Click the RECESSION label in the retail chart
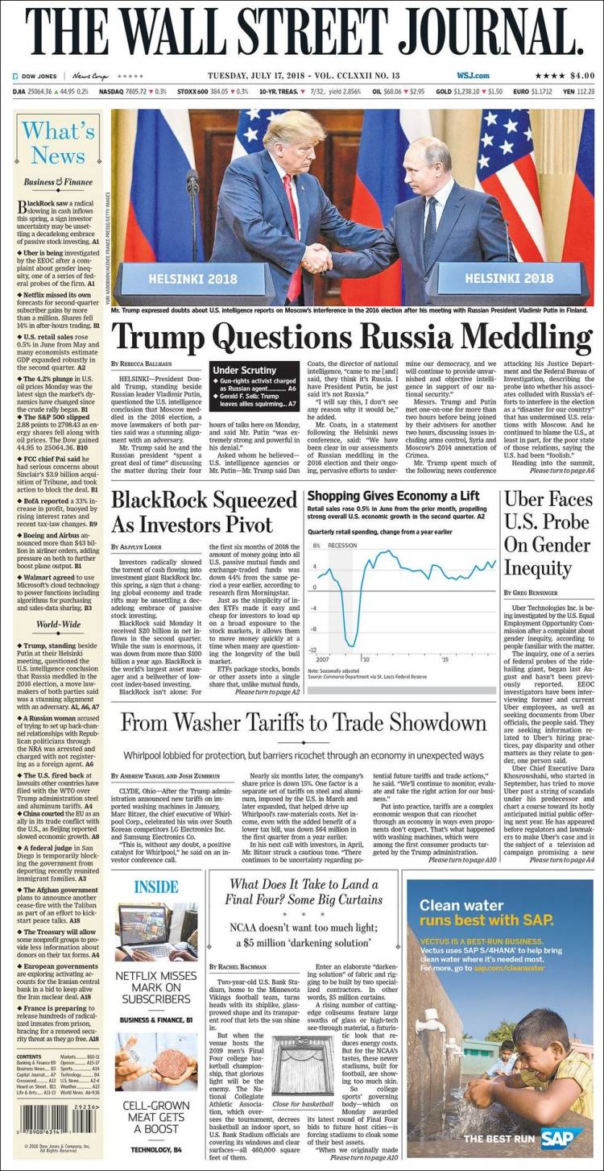(x=342, y=546)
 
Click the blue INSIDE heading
(x=155, y=887)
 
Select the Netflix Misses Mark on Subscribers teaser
(x=156, y=988)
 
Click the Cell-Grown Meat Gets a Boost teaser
(x=156, y=1115)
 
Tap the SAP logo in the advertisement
(x=564, y=1138)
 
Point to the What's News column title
(x=58, y=143)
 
